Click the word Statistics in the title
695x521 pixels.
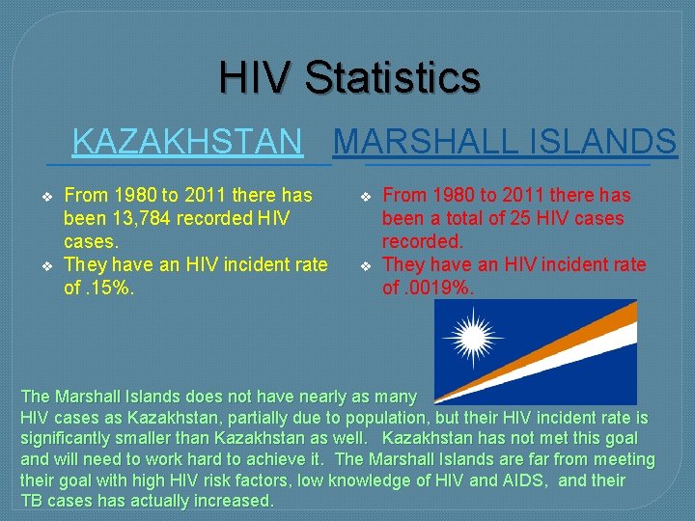point(392,77)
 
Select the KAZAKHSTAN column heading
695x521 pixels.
point(187,142)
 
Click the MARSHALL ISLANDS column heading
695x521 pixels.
point(505,142)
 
